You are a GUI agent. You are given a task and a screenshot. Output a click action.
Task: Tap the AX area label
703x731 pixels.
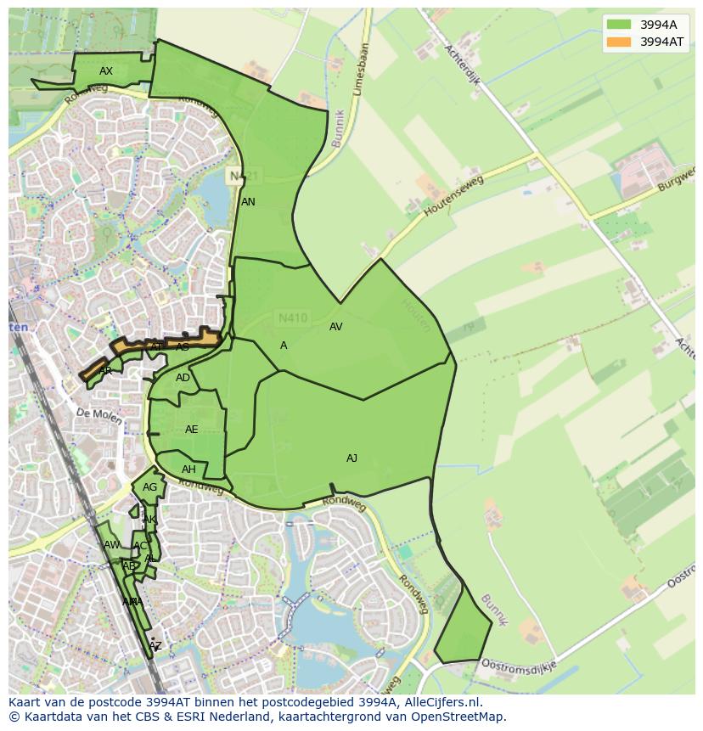106,71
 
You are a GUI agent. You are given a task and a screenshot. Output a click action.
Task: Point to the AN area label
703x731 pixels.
248,202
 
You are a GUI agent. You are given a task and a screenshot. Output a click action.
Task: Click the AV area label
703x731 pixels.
335,327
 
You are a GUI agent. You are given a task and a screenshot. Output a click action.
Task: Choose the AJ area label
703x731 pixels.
351,458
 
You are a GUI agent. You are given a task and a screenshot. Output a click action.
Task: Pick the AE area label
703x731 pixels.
191,430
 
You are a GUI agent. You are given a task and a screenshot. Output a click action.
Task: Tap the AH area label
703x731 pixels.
188,470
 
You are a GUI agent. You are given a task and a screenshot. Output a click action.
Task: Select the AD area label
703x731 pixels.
183,378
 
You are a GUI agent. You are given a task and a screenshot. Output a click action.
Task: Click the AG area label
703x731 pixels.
149,487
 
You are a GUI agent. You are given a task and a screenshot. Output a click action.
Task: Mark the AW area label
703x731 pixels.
111,545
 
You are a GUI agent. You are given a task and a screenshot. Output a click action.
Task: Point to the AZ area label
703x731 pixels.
155,646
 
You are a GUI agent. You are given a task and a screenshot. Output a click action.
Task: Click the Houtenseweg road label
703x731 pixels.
439,197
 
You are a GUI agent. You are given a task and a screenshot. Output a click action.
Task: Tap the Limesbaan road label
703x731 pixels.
359,69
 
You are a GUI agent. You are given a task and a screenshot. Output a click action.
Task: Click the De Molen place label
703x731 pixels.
94,413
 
